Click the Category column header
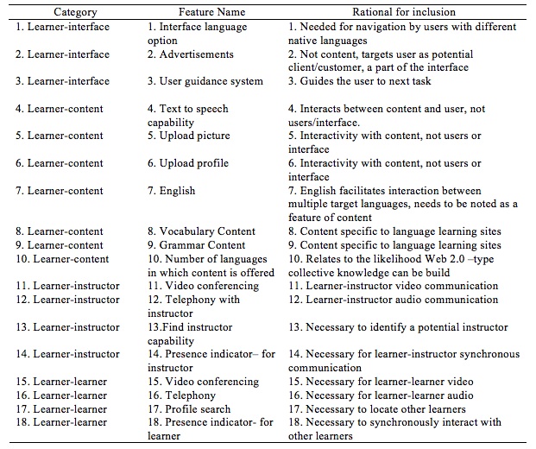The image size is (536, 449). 75,13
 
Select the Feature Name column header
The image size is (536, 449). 211,13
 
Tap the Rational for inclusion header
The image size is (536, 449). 404,13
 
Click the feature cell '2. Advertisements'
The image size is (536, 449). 191,54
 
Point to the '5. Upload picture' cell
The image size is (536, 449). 189,136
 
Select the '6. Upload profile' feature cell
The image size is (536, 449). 188,163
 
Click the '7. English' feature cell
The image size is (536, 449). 172,191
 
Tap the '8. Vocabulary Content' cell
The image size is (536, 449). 201,231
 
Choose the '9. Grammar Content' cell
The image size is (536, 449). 197,245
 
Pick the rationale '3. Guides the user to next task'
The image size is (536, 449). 371,81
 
